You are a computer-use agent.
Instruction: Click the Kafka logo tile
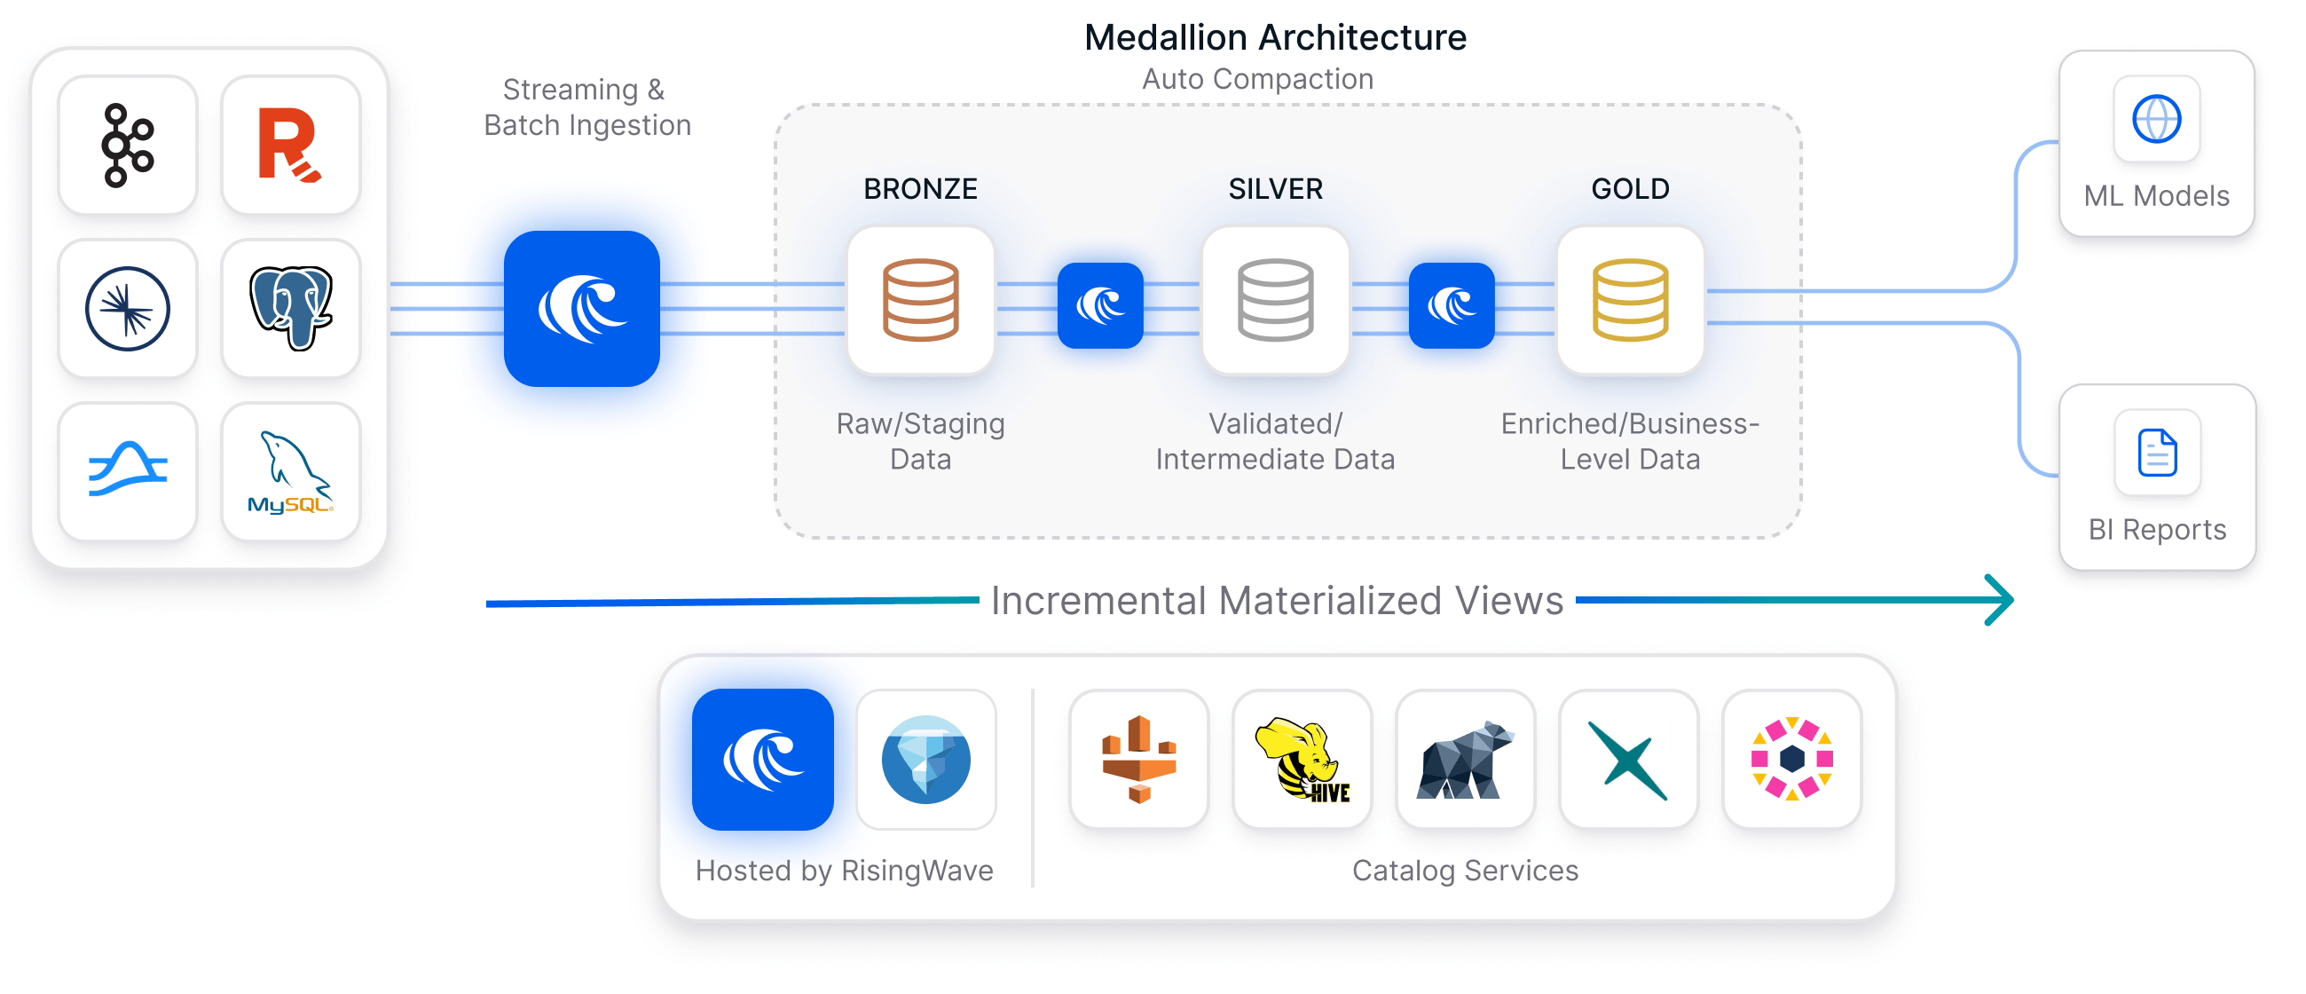128,145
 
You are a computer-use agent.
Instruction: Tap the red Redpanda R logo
290,145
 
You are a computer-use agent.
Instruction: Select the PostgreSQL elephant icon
290,308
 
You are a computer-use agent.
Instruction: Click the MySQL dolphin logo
290,472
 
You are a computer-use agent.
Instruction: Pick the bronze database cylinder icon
920,300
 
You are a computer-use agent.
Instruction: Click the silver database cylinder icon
1275,300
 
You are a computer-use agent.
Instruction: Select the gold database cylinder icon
1629,300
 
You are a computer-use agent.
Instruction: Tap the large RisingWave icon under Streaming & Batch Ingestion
582,309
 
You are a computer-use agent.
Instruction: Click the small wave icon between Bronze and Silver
1100,305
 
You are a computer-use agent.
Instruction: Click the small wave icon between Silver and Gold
1451,305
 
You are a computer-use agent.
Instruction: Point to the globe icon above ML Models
2157,119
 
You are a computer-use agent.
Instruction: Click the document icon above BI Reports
2157,453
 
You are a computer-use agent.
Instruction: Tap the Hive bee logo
1303,760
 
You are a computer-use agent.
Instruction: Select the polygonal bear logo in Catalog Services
1466,760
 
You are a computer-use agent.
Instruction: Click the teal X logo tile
1627,760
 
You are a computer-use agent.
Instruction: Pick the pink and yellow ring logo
1791,760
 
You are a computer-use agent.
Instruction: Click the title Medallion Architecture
1275,37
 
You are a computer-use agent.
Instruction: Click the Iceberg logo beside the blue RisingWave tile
925,760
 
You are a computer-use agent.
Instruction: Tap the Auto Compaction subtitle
1257,79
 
